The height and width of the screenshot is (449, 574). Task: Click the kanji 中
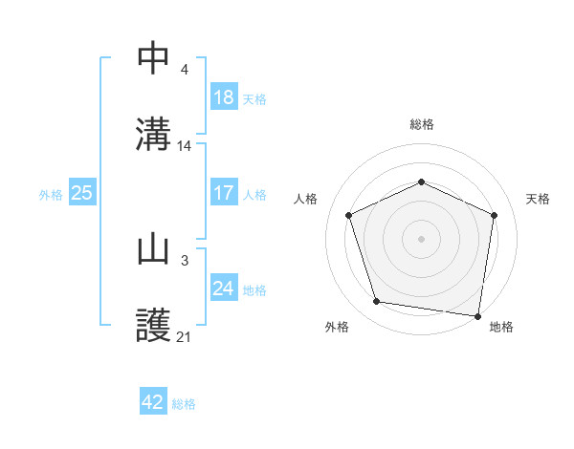pyautogui.click(x=154, y=57)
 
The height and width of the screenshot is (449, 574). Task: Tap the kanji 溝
pyautogui.click(x=154, y=133)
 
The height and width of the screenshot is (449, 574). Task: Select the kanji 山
pyautogui.click(x=154, y=248)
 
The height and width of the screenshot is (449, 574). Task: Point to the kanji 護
pyautogui.click(x=154, y=324)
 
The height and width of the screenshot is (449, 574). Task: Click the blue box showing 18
pyautogui.click(x=223, y=97)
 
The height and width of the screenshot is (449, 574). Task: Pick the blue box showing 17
pyautogui.click(x=223, y=193)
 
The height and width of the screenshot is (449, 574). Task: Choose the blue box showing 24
pyautogui.click(x=223, y=289)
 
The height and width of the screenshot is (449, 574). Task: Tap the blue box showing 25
pyautogui.click(x=82, y=193)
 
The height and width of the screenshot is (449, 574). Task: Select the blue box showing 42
pyautogui.click(x=153, y=402)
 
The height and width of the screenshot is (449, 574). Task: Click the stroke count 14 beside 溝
pyautogui.click(x=185, y=146)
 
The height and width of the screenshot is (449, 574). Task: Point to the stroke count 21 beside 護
pyautogui.click(x=185, y=336)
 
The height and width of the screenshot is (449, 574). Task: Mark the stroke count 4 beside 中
pyautogui.click(x=184, y=70)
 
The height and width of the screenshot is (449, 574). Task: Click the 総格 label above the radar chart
pyautogui.click(x=422, y=124)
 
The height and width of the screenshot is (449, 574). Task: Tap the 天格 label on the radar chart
pyautogui.click(x=539, y=199)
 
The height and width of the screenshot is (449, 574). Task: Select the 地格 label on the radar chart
pyautogui.click(x=501, y=327)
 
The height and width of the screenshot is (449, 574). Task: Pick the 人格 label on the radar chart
pyautogui.click(x=305, y=199)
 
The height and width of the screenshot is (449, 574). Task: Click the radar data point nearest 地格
pyautogui.click(x=477, y=315)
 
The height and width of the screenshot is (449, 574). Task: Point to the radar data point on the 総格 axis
pyautogui.click(x=421, y=182)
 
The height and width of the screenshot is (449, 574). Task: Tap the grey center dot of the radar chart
pyautogui.click(x=421, y=239)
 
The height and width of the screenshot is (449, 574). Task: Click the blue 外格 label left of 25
pyautogui.click(x=51, y=194)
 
